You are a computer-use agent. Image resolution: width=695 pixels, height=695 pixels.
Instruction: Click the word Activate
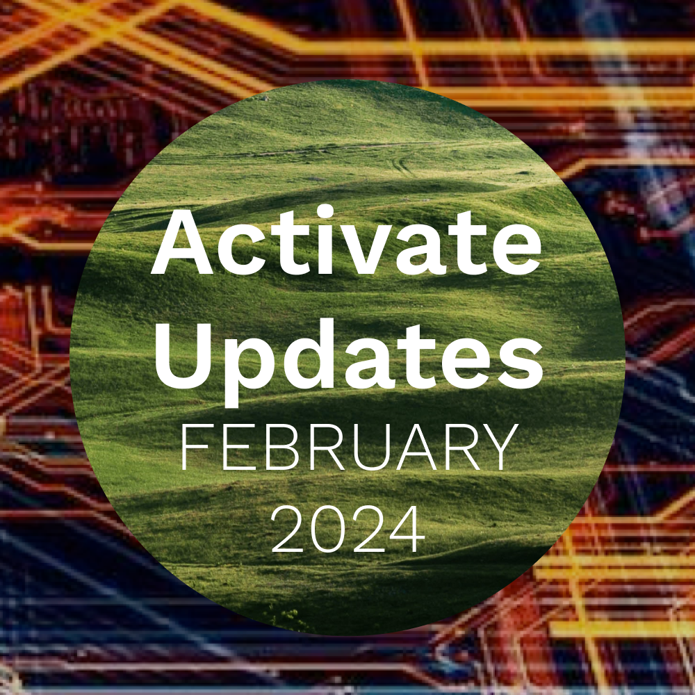[x=346, y=242]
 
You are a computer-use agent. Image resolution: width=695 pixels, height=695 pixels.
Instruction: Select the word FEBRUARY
[x=350, y=447]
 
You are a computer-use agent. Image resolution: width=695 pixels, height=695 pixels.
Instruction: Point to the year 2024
[x=345, y=529]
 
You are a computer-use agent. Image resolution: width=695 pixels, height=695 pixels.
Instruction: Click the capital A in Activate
[x=183, y=242]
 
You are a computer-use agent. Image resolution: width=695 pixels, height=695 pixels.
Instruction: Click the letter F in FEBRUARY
[x=195, y=447]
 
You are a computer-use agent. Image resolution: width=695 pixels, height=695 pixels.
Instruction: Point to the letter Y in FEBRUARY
[x=500, y=447]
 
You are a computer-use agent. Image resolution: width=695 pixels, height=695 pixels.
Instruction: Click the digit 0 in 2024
[x=326, y=530]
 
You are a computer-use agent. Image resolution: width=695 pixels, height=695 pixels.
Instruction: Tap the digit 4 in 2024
[x=402, y=530]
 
